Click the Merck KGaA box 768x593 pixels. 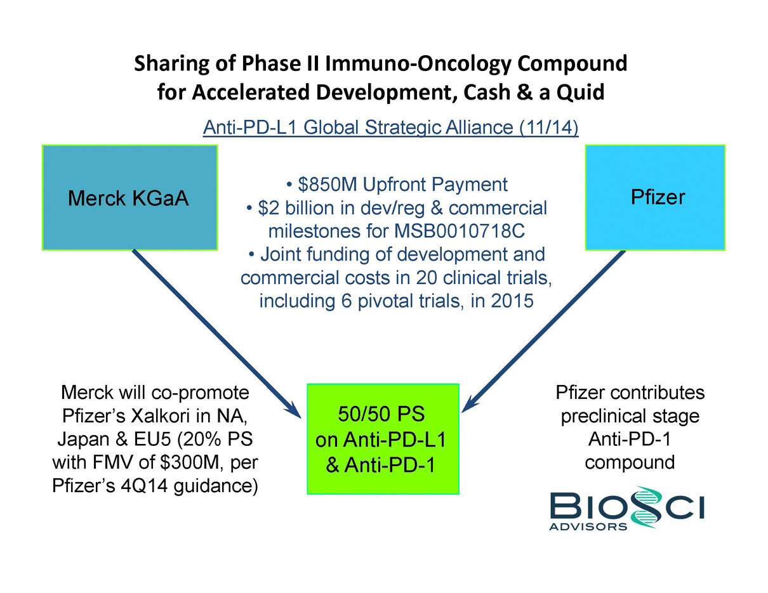pos(129,197)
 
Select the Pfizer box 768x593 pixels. pos(655,197)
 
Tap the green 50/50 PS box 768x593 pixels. pos(383,439)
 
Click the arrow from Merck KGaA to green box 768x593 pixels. pos(216,334)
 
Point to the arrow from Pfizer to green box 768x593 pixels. pos(543,331)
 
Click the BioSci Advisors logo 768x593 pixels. pos(627,508)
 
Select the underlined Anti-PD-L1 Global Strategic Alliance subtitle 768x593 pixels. pos(390,127)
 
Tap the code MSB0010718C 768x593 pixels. pos(459,231)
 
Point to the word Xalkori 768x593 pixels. pos(161,415)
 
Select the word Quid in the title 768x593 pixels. pos(580,92)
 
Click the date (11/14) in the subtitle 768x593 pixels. pos(549,127)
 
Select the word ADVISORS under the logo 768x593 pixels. pos(588,526)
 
